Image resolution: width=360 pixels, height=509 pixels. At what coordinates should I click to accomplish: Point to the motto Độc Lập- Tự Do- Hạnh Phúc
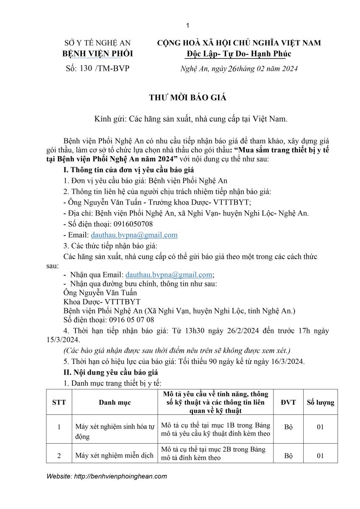pyautogui.click(x=239, y=54)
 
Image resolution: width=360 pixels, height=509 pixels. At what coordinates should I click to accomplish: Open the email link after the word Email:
pyautogui.click(x=134, y=235)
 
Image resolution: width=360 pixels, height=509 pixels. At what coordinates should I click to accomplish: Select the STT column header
pyautogui.click(x=59, y=402)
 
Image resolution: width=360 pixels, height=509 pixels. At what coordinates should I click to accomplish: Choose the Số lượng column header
pyautogui.click(x=320, y=402)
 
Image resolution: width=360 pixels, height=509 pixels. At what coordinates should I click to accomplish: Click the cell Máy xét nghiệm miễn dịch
pyautogui.click(x=114, y=456)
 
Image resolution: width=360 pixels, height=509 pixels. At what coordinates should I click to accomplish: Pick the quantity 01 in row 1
pyautogui.click(x=320, y=427)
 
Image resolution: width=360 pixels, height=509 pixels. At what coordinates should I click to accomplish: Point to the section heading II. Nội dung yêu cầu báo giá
pyautogui.click(x=110, y=372)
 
